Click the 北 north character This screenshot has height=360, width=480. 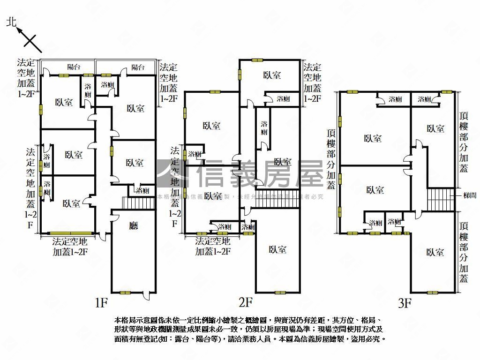12,22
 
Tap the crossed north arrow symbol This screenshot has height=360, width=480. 31,41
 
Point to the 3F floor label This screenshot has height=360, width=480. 405,303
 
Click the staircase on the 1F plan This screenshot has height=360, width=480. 138,203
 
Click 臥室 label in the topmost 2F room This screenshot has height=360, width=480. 272,75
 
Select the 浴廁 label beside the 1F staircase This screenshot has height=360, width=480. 142,191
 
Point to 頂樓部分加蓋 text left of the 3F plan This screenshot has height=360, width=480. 331,159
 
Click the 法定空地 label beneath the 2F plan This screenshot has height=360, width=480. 212,242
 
